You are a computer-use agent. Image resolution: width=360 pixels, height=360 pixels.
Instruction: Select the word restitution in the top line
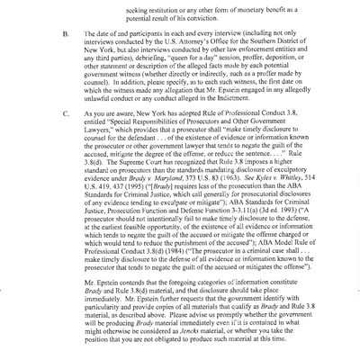169,4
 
